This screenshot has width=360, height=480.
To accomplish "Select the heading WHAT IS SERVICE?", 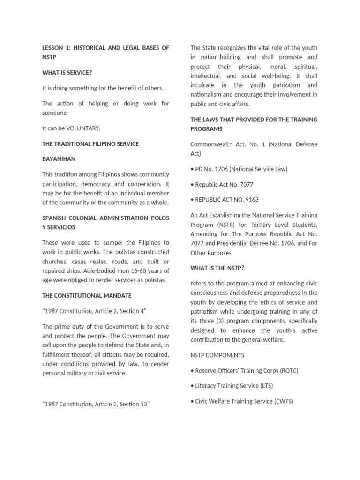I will (67, 73).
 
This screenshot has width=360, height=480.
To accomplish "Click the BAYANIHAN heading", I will (59, 159).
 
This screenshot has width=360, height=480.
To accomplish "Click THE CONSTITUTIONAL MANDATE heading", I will (87, 296).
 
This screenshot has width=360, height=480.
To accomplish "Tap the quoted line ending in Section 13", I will (96, 404).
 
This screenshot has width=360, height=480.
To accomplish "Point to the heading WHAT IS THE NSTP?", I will (217, 268).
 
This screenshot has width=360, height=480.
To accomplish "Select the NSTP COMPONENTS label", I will (217, 355).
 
